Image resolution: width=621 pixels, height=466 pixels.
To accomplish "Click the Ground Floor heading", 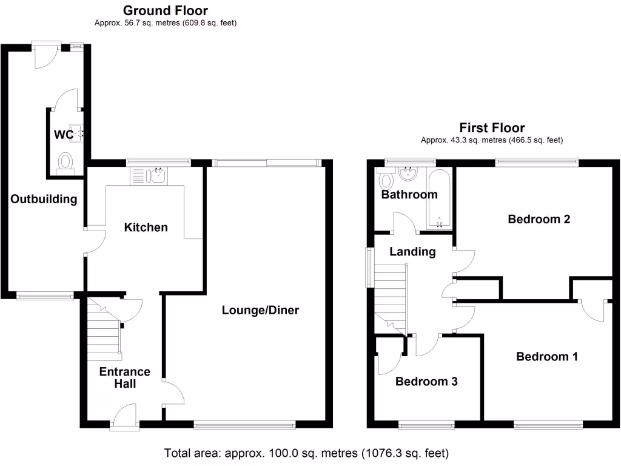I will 165,11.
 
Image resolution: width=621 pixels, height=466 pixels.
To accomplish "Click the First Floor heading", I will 492,128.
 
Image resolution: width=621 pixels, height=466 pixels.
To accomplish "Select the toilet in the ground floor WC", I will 65,163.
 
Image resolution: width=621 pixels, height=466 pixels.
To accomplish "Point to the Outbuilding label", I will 44,199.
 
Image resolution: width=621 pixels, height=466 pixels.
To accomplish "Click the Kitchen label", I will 146,228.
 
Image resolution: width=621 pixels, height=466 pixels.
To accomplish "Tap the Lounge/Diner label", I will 260,310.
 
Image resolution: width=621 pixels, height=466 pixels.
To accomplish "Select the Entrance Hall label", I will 124,377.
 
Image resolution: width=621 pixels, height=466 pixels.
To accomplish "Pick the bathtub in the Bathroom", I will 438,198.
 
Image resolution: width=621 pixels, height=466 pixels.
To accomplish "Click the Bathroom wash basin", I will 408,175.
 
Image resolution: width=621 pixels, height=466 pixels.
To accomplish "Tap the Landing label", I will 412,252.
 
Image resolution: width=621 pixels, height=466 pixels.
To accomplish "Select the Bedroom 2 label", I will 539,219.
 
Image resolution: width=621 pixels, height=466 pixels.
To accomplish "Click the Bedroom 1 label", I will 546,357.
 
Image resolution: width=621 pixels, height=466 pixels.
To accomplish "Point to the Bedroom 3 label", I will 426,381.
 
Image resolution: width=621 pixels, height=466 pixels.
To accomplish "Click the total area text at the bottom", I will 306,453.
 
